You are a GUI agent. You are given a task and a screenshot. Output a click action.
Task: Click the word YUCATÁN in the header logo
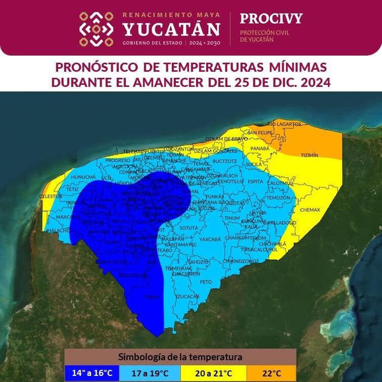coord(171,28)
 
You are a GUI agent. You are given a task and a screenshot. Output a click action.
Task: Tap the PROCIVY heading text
coord(271,19)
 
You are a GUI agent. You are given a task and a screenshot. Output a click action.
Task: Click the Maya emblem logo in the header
coord(97,29)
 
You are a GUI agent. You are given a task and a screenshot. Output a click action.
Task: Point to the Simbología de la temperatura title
coord(180,357)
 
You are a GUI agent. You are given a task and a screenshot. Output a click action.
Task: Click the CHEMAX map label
coord(310,209)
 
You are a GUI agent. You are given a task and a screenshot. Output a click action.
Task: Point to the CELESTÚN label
coord(51,196)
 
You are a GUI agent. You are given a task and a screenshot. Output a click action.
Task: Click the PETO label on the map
coord(206,281)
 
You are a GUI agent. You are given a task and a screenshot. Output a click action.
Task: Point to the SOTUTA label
coord(189,228)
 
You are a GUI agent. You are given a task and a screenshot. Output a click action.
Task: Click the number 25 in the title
coord(277,82)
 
